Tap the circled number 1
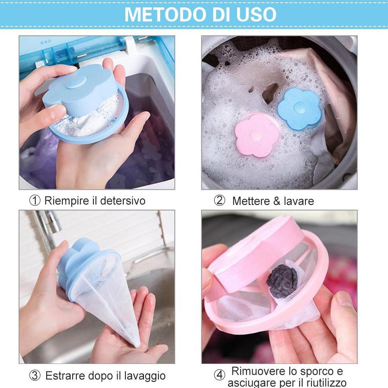(35, 201)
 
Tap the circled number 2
(220, 201)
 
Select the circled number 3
(35, 375)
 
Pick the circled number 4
(220, 375)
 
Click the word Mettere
(251, 201)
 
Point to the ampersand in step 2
(277, 201)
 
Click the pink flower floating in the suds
(256, 135)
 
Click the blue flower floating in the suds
(299, 109)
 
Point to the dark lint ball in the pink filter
(281, 281)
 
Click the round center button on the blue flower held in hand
(76, 82)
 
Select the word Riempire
(67, 201)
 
